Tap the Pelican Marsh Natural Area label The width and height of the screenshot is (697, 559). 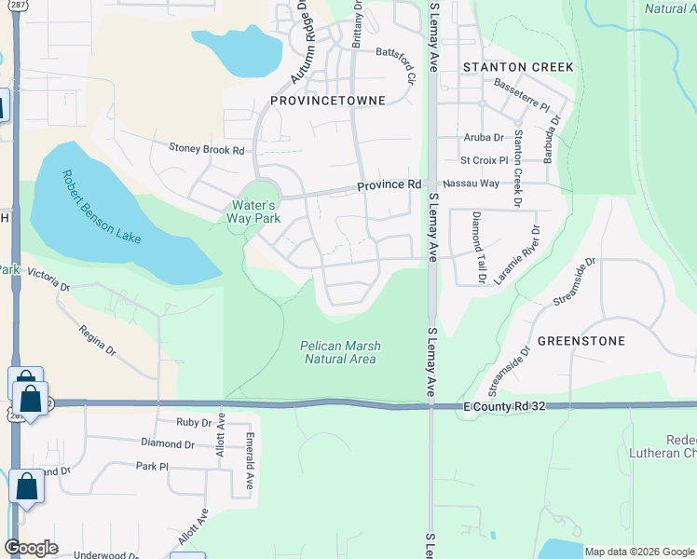[340, 352]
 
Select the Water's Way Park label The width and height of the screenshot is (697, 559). [253, 211]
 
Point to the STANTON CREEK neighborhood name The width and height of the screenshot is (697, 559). [518, 67]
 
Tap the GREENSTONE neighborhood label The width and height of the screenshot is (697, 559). [581, 341]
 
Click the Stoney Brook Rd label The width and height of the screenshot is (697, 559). [206, 149]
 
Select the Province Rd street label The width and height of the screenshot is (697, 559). [389, 185]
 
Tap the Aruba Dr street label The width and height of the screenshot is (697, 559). [483, 137]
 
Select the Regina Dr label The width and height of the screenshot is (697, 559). [97, 340]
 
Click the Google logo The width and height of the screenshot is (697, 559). [30, 548]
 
